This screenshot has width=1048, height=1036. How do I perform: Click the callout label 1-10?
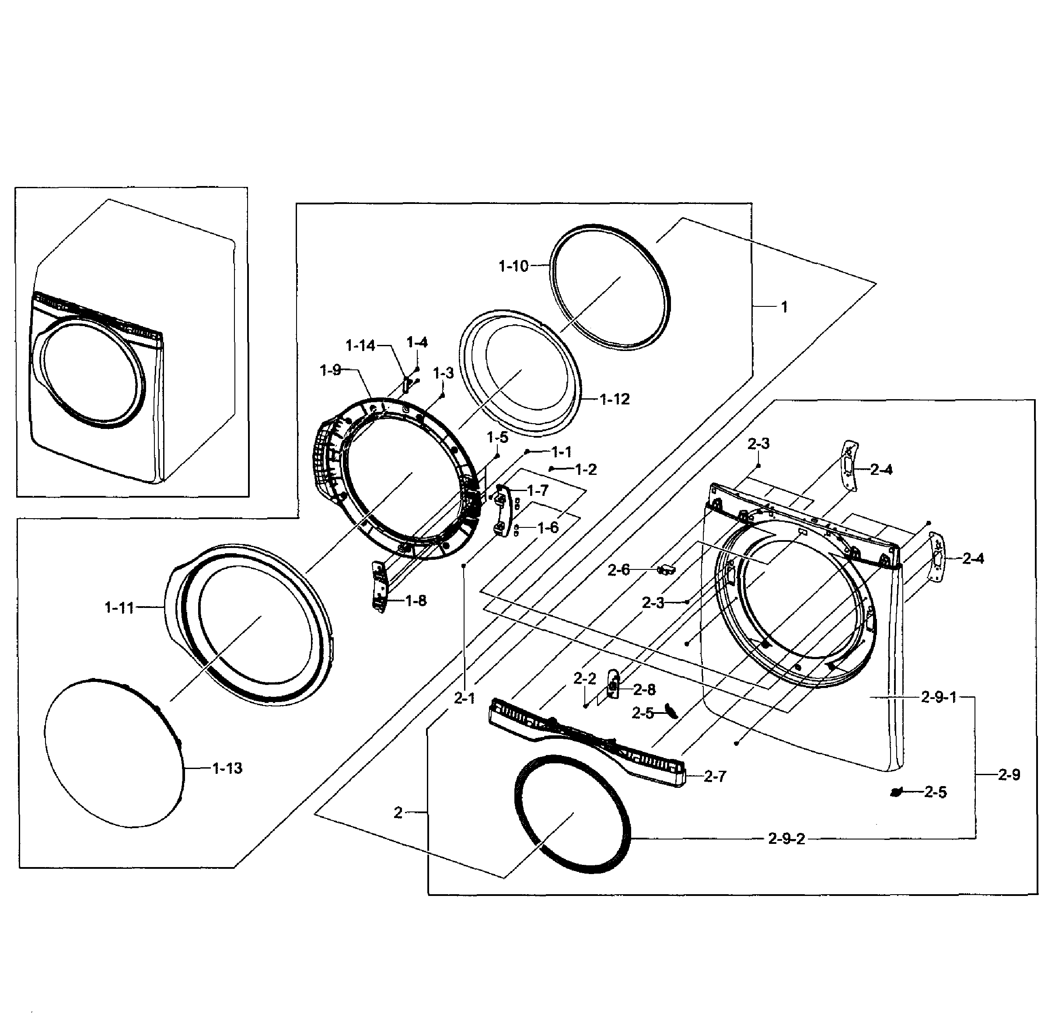click(x=513, y=266)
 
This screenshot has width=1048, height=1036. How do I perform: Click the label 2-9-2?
click(x=786, y=839)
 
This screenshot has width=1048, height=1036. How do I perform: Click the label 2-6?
click(x=618, y=570)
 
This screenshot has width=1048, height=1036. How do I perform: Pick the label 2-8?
click(x=644, y=689)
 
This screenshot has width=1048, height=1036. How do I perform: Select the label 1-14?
click(x=360, y=345)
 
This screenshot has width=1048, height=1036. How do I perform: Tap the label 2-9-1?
click(x=939, y=697)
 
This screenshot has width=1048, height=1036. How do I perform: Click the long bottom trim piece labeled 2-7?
click(x=586, y=741)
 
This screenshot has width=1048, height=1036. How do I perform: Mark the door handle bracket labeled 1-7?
click(x=503, y=510)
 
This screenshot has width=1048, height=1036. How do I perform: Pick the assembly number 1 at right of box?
click(x=784, y=307)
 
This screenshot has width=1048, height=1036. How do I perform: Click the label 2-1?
click(x=465, y=699)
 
